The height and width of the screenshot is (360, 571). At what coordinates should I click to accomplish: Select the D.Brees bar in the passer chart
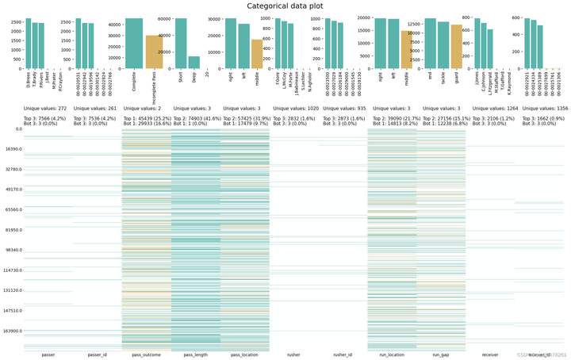coord(28,44)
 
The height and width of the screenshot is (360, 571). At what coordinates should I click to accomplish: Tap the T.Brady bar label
coord(35,78)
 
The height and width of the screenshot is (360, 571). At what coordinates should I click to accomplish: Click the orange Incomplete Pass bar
coord(154,52)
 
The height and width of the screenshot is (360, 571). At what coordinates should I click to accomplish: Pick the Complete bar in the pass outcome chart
coord(134,44)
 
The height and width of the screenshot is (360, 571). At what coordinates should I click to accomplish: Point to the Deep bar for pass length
coord(194,63)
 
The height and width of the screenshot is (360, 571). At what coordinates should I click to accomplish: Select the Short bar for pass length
coord(181,44)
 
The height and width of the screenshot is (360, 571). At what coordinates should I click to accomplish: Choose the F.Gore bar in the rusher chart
coord(277,44)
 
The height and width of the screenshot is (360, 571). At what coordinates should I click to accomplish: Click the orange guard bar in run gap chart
coord(456,48)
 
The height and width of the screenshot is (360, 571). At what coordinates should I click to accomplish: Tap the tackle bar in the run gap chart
coord(443,46)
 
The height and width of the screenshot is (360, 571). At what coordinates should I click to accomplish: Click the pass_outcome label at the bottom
coord(145,354)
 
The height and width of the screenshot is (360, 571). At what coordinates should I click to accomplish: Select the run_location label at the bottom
coord(393,354)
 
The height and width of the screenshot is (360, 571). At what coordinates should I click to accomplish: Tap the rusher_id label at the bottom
coord(343,354)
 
